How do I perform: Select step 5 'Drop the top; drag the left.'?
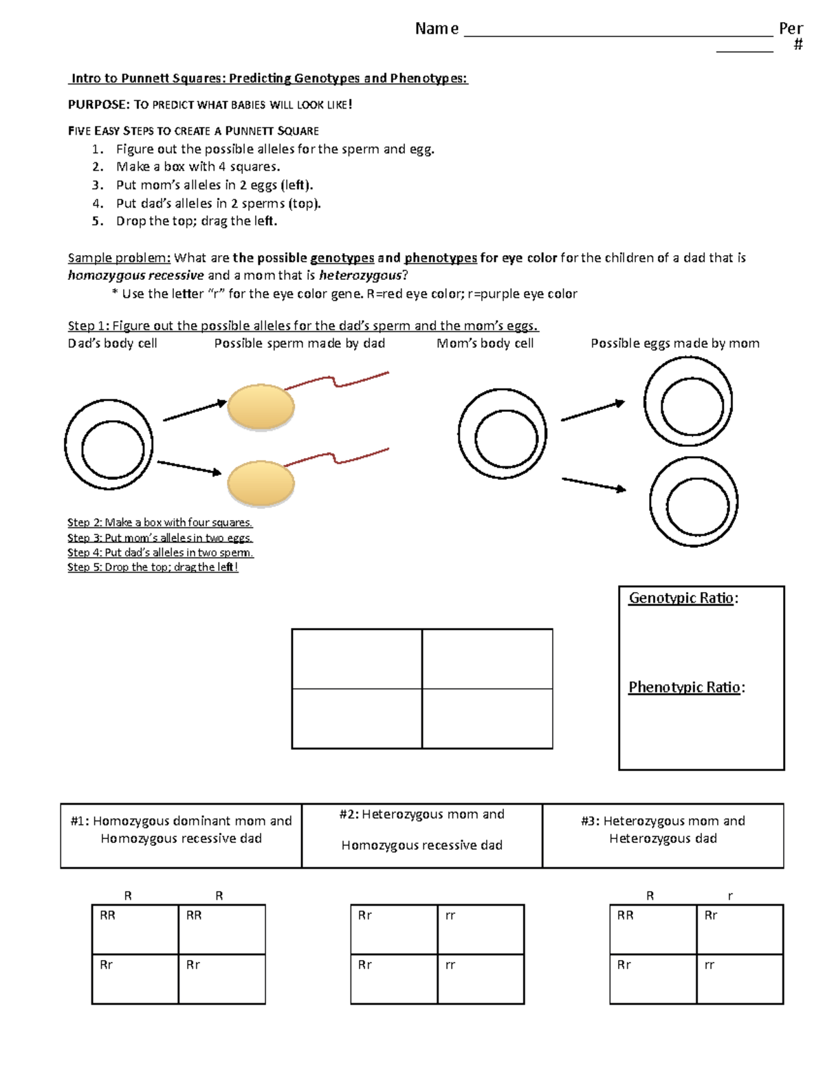pos(196,221)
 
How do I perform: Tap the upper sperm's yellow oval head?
pos(261,407)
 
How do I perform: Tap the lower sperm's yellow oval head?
pos(261,483)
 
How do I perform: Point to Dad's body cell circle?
pos(109,446)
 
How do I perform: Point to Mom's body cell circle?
pos(503,435)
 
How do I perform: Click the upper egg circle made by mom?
pos(687,402)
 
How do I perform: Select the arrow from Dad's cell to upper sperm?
pos(195,411)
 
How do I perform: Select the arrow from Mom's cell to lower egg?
pos(594,484)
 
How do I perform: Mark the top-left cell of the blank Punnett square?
pos(357,659)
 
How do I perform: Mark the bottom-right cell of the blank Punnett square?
pos(487,719)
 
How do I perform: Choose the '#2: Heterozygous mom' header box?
pos(421,835)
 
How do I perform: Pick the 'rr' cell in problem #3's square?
pos(739,978)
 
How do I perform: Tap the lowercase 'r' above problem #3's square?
pos(730,895)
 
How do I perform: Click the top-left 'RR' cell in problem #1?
pos(135,929)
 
